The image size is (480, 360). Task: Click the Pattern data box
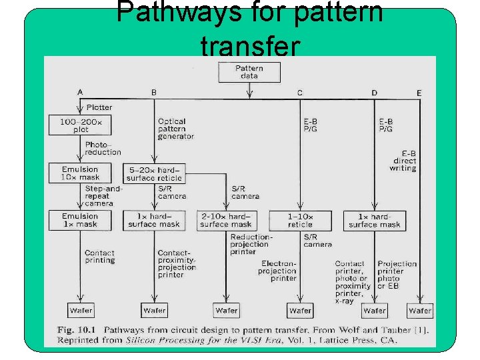249,72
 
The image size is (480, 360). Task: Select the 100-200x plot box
81,125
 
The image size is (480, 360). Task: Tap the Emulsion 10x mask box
81,173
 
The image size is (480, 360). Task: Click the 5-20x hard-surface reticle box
154,174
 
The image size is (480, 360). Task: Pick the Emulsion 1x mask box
80,220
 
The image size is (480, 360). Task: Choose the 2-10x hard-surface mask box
227,221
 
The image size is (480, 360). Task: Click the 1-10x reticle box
300,221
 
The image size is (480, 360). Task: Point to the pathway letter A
80,92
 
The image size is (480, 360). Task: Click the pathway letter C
300,93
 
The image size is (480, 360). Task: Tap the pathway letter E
419,93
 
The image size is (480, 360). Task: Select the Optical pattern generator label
175,129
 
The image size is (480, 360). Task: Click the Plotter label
99,107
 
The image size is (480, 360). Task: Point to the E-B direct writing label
403,161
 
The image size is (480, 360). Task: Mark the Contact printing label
99,257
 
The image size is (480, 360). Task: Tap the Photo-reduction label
103,148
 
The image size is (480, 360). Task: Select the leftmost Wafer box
81,310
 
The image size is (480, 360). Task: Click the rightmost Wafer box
420,310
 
